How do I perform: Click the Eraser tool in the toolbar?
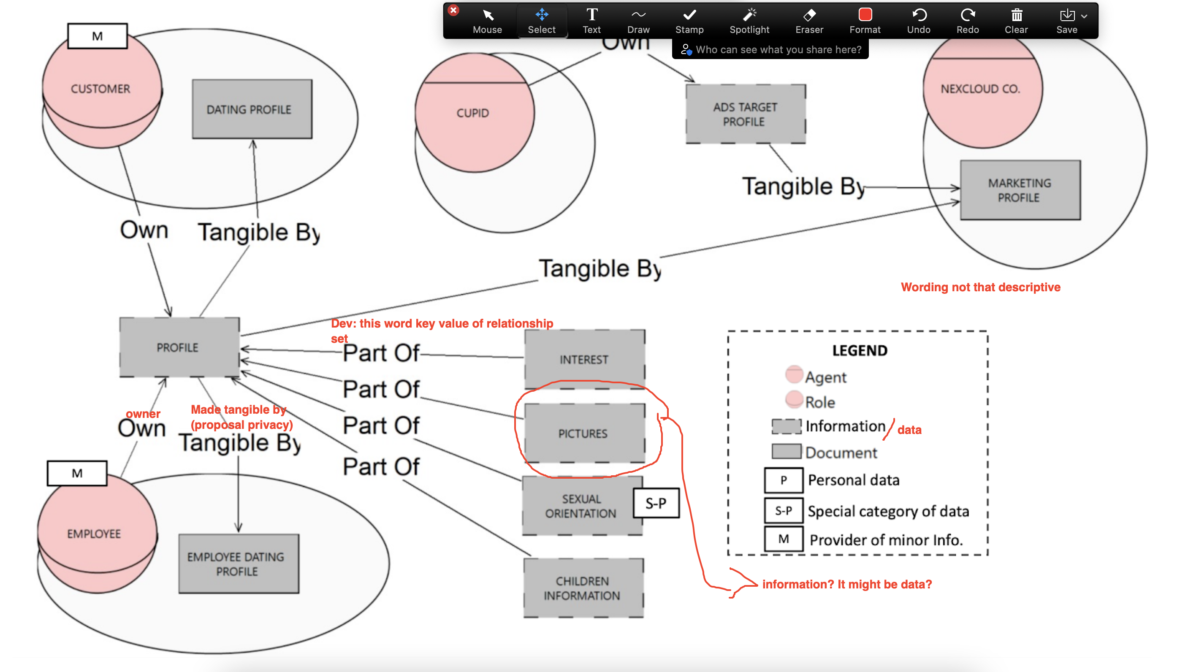[809, 21]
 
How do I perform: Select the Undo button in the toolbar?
[918, 21]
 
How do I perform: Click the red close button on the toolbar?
[453, 10]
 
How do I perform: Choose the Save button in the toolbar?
[1067, 21]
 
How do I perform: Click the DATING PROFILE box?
[252, 109]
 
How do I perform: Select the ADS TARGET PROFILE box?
[745, 114]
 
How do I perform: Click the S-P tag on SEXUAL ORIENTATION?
[656, 503]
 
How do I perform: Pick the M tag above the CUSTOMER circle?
[97, 36]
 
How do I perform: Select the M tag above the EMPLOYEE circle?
[77, 473]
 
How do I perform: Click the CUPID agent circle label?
[473, 113]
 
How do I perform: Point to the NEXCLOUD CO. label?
[980, 88]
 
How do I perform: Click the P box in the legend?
[783, 480]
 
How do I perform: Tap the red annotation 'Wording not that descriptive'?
[980, 287]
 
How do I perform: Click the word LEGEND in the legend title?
[860, 350]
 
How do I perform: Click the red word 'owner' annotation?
[143, 413]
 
